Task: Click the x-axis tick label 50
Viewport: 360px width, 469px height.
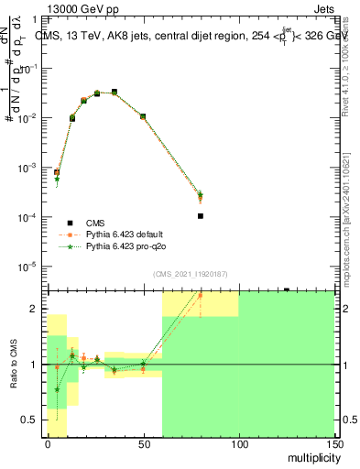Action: (x=143, y=443)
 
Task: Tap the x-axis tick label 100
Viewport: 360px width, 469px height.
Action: (x=238, y=443)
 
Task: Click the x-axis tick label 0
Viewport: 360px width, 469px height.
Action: (x=48, y=443)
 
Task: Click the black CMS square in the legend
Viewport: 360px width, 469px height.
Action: (x=70, y=222)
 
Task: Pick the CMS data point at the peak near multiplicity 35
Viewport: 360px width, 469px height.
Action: (x=115, y=92)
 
